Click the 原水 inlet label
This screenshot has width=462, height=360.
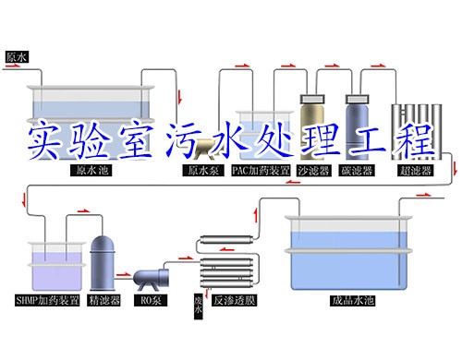tap(18, 56)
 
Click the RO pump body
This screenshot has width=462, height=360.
tap(150, 276)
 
